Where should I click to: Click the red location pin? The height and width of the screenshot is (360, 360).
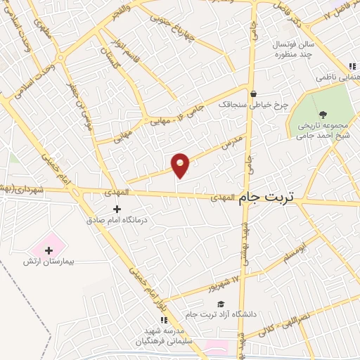(181, 165)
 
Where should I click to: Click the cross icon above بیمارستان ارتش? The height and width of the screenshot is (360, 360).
(49, 250)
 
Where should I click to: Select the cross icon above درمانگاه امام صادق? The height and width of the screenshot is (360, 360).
(117, 209)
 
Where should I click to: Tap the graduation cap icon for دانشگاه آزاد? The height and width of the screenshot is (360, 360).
(220, 303)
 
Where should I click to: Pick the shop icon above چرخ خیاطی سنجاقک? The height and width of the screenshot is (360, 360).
(253, 94)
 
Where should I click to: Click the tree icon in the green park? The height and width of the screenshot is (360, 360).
(323, 115)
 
